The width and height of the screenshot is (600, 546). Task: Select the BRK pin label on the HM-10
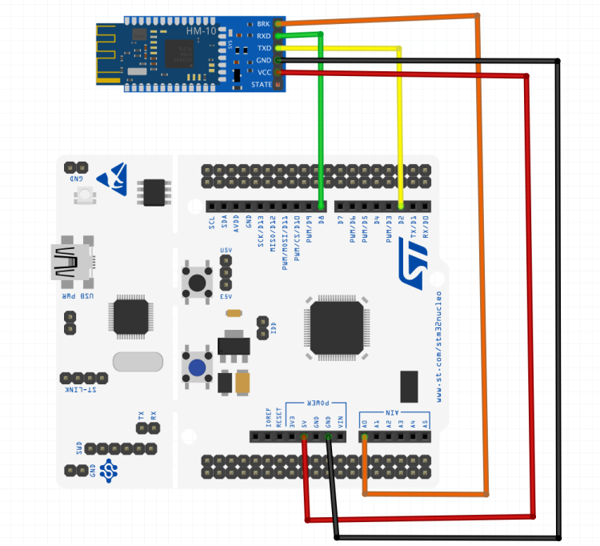(x=263, y=24)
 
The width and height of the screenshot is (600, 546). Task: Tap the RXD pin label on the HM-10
(x=263, y=36)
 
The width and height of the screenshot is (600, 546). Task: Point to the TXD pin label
(x=263, y=48)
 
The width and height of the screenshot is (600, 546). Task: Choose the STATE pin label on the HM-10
(x=261, y=84)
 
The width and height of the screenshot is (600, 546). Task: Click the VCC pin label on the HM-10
(x=263, y=72)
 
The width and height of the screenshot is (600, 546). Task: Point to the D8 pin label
(x=321, y=220)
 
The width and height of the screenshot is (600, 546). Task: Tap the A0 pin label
(x=365, y=423)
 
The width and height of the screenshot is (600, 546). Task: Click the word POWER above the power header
(x=317, y=403)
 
